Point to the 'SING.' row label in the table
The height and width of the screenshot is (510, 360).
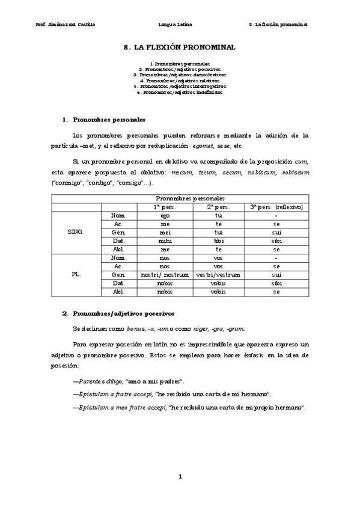[76, 232]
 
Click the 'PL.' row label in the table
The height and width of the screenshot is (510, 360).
[76, 274]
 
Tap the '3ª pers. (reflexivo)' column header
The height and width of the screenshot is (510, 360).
[276, 206]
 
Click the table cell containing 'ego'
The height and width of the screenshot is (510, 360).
[165, 215]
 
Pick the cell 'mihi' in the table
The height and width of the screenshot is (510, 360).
[165, 240]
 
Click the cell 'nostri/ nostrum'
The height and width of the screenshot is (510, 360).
[165, 274]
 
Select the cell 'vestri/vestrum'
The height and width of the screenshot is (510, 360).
[218, 274]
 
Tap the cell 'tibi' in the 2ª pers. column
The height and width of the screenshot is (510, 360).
[218, 240]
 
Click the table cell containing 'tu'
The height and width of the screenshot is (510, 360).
[218, 215]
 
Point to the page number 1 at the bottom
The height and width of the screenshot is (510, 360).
[180, 476]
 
